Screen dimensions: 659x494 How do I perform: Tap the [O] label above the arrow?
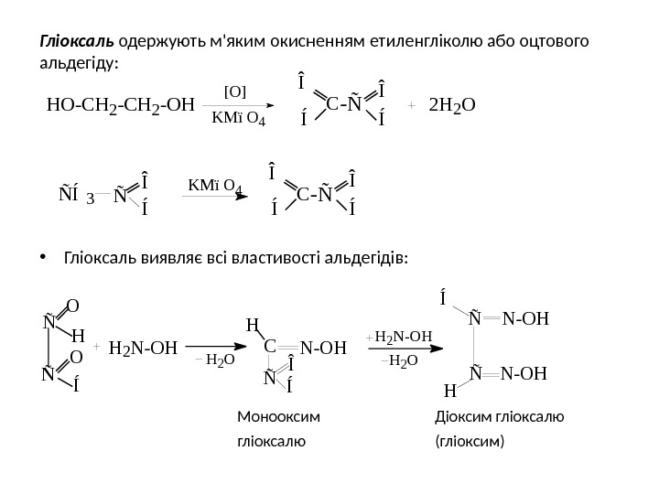click(235, 91)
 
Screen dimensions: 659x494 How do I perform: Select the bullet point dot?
click(44, 258)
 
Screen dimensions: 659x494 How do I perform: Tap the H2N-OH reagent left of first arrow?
click(144, 349)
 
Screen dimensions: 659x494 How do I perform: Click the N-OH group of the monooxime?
click(324, 349)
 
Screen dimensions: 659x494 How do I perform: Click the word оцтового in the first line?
click(559, 43)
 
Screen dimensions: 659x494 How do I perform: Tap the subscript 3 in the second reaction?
click(91, 198)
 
